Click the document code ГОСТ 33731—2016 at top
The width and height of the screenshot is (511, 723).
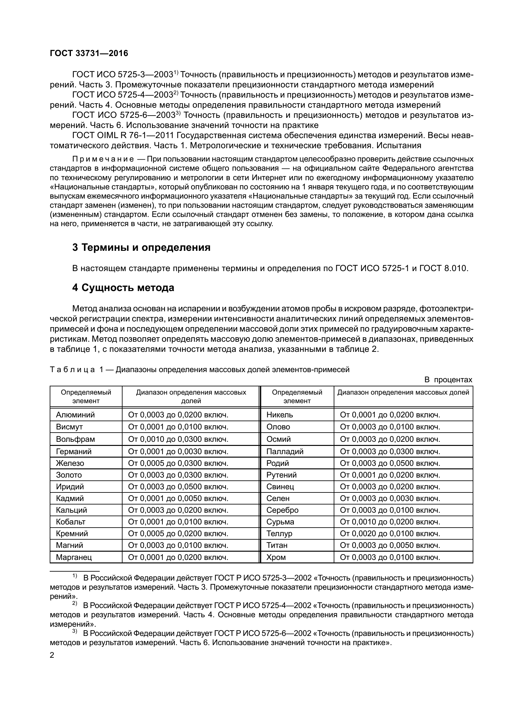[89, 54]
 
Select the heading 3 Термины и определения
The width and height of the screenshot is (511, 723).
[141, 247]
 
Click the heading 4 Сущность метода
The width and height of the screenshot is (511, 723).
[123, 288]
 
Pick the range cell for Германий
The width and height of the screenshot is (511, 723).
[178, 451]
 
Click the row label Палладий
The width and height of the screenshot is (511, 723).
[285, 451]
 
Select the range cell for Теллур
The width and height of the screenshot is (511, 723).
[390, 534]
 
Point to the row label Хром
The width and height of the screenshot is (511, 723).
[276, 557]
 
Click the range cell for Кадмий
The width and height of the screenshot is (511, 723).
[178, 498]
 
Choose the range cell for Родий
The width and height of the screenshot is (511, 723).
[390, 463]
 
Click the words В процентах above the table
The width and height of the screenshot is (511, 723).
[448, 380]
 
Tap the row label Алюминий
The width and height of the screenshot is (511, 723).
[75, 415]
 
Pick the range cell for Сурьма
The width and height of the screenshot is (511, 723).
[390, 522]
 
